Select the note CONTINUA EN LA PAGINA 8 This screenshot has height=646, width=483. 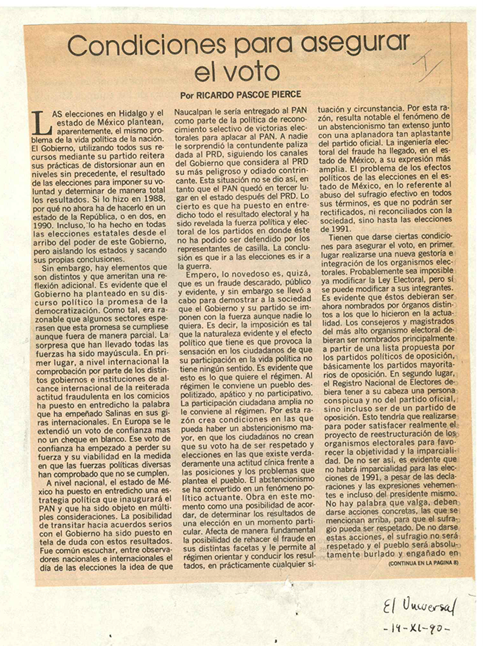(424, 564)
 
